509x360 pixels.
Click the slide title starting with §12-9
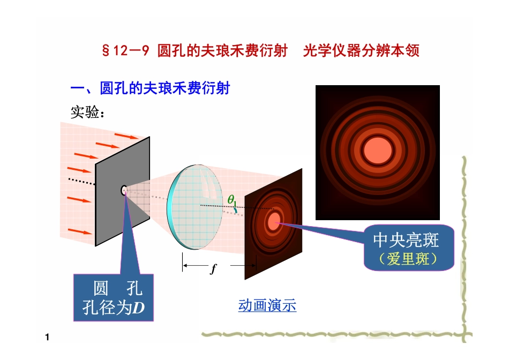[x=260, y=51]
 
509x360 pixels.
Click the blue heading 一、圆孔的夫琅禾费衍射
[x=150, y=87]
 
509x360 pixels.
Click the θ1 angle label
[x=231, y=199]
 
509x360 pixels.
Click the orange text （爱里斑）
[x=408, y=258]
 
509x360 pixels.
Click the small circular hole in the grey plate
[x=124, y=190]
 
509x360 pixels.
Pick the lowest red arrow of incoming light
[x=80, y=231]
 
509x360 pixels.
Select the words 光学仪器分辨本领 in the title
[x=361, y=51]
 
